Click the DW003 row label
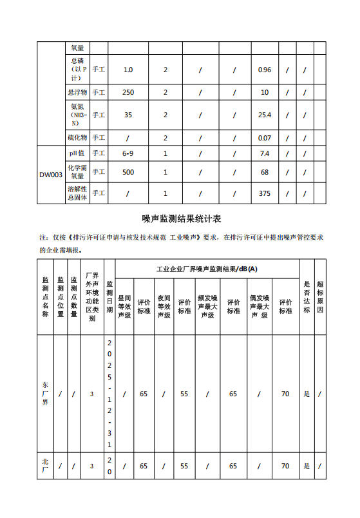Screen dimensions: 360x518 click(x=51, y=175)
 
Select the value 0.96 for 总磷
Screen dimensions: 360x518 click(x=264, y=69)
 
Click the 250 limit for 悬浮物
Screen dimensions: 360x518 click(x=128, y=92)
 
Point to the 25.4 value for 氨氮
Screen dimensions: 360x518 click(x=264, y=115)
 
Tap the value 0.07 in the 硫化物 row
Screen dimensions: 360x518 click(x=264, y=138)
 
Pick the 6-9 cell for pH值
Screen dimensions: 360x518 click(x=128, y=153)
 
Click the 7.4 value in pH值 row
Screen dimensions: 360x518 click(x=264, y=153)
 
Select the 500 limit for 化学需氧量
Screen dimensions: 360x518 click(x=128, y=172)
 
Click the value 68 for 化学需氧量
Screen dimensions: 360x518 click(x=264, y=172)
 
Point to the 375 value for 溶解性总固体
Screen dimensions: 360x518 click(x=264, y=193)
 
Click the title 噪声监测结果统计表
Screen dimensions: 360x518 click(x=180, y=219)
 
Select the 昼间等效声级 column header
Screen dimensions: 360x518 click(x=124, y=306)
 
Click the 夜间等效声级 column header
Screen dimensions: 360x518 click(x=164, y=306)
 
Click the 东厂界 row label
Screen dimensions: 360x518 click(x=45, y=394)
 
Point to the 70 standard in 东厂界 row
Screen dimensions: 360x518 click(x=285, y=394)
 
